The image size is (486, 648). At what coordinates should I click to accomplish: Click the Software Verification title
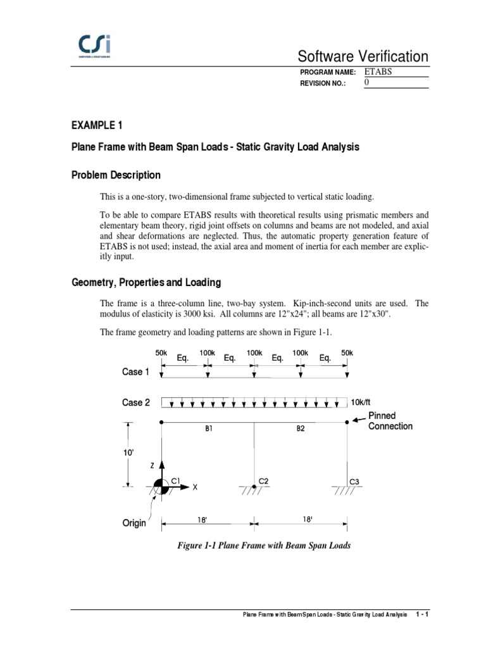366,56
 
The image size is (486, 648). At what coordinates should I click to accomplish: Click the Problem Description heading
116,175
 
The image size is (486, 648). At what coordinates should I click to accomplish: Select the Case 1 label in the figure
136,372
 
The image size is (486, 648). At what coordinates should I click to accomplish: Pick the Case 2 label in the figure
136,402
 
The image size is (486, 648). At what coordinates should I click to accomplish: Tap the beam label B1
208,428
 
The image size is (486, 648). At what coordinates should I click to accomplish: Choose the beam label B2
301,428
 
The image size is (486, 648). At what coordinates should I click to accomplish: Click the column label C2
264,482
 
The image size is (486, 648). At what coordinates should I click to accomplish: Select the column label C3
354,482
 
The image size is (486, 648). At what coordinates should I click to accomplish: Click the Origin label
134,523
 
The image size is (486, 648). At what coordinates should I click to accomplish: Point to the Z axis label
152,465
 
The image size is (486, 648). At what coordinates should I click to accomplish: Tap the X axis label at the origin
195,487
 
